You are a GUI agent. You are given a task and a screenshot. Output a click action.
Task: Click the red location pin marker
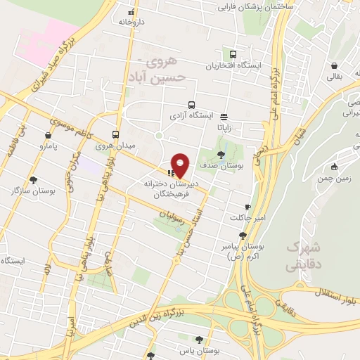point(181,165)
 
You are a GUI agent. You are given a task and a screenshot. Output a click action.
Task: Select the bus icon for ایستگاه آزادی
point(181,104)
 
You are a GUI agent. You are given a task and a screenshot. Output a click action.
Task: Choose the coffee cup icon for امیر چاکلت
point(247,207)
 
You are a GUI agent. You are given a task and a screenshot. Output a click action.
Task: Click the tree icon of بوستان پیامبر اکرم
point(243,236)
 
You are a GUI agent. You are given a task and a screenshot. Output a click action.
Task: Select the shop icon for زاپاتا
point(224,117)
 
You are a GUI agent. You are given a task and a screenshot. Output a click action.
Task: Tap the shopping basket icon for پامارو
point(48,136)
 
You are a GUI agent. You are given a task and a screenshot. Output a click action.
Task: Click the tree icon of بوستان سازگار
point(33,180)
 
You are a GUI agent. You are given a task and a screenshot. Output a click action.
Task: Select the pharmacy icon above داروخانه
point(131,12)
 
